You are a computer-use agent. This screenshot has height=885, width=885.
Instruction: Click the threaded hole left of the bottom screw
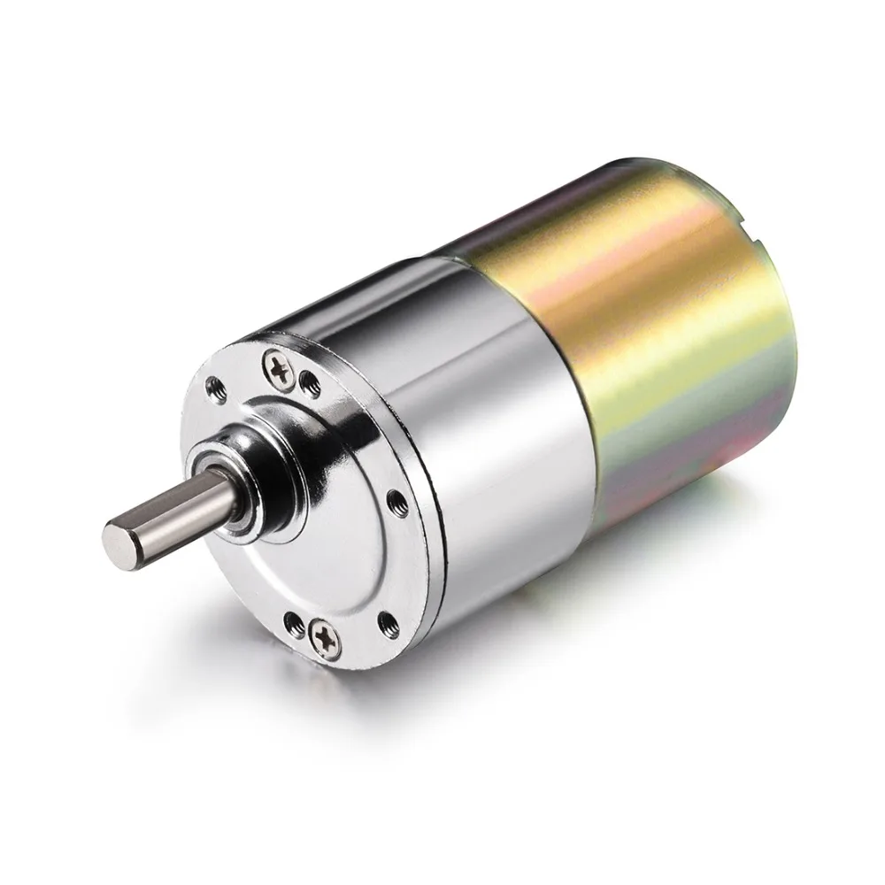(292, 616)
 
